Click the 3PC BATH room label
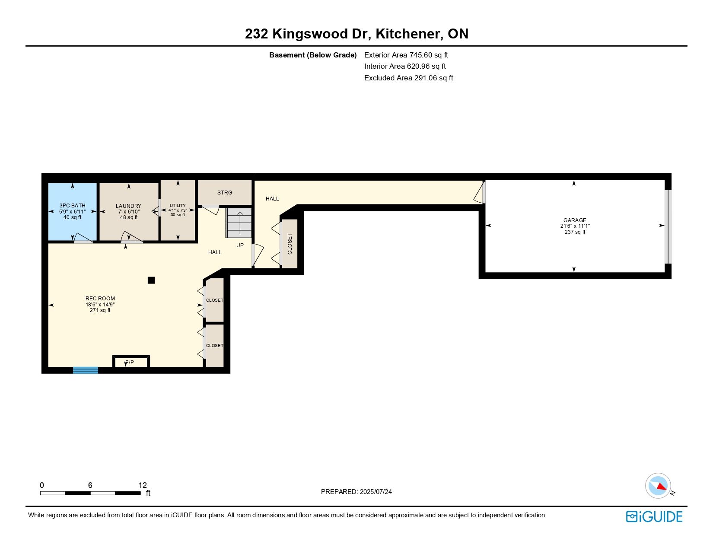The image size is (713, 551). pyautogui.click(x=72, y=205)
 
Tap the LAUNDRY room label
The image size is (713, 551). pyautogui.click(x=128, y=206)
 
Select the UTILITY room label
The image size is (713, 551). pyautogui.click(x=178, y=205)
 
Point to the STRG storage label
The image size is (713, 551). pyautogui.click(x=224, y=193)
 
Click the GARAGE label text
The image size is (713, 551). pyautogui.click(x=575, y=220)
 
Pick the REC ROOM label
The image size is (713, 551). pyautogui.click(x=100, y=298)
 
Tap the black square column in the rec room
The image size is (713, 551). pyautogui.click(x=151, y=280)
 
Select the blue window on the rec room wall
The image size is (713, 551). pyautogui.click(x=85, y=370)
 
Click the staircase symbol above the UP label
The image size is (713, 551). pyautogui.click(x=239, y=223)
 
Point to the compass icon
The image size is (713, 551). pyautogui.click(x=658, y=486)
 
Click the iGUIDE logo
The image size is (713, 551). pyautogui.click(x=654, y=516)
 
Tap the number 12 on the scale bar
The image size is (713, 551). pyautogui.click(x=143, y=485)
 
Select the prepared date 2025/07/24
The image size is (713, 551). pyautogui.click(x=376, y=492)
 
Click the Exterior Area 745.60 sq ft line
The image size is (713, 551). pyautogui.click(x=406, y=55)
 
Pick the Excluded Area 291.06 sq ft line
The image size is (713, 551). pyautogui.click(x=408, y=78)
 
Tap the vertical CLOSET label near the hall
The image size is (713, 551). pyautogui.click(x=290, y=244)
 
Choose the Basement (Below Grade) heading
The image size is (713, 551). pyautogui.click(x=313, y=55)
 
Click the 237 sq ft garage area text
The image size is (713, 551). pyautogui.click(x=575, y=232)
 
